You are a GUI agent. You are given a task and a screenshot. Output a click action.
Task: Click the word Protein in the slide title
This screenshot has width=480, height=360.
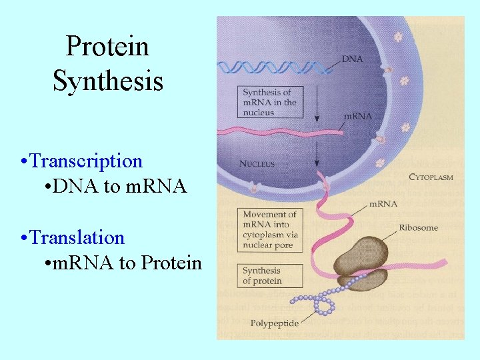[107, 47]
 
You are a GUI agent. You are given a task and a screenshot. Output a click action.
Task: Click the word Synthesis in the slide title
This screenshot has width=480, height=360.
[107, 81]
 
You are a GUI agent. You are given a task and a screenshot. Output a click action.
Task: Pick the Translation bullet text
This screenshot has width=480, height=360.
[77, 237]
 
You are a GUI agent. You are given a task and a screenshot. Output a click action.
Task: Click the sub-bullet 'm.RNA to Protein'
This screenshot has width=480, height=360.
[127, 263]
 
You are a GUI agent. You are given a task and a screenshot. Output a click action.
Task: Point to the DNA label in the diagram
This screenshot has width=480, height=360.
[352, 59]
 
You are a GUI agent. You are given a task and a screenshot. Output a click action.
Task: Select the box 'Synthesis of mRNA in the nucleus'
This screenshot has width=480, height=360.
[269, 103]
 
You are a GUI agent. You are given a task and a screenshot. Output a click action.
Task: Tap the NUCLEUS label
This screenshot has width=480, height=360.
[257, 163]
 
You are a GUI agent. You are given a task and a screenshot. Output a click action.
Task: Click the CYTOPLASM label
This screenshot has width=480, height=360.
[430, 177]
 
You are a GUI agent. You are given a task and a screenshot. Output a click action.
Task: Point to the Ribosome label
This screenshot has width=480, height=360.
[418, 228]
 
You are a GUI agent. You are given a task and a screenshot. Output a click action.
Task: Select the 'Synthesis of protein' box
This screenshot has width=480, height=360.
[270, 275]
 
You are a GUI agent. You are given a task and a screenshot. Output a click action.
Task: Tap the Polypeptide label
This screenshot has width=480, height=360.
[274, 323]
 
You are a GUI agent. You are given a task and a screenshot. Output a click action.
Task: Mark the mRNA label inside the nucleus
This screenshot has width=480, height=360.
[357, 116]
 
